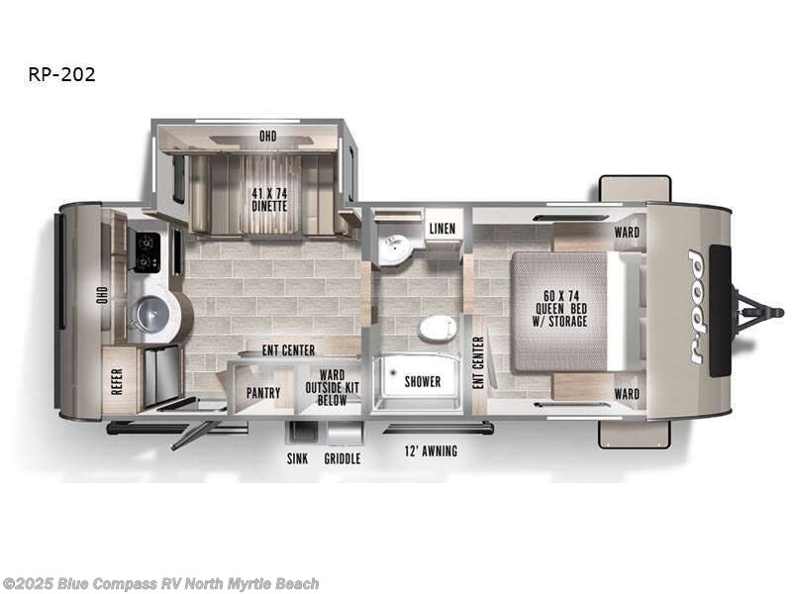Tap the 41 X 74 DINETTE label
[x=268, y=200]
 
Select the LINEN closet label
[x=442, y=229]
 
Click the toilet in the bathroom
[x=435, y=327]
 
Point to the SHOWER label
[x=422, y=381]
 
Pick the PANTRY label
[x=263, y=393]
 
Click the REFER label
[x=117, y=381]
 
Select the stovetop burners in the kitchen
[x=148, y=251]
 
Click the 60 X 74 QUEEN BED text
[x=560, y=307]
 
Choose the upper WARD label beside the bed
[x=627, y=234]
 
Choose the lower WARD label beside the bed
[x=627, y=394]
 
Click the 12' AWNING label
[x=430, y=451]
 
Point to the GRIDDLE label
[x=342, y=459]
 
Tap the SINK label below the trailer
[x=298, y=459]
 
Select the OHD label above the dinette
[x=267, y=137]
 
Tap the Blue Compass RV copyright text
[x=160, y=584]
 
